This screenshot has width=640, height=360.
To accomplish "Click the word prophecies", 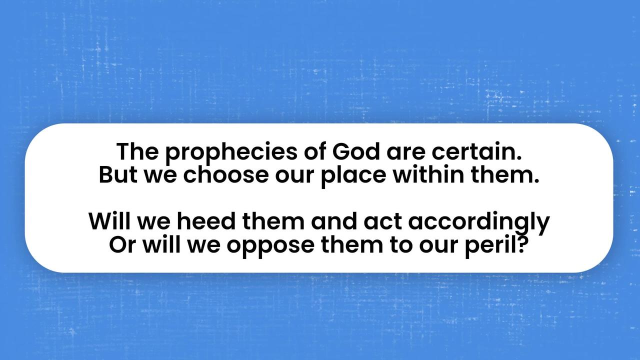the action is (231, 153).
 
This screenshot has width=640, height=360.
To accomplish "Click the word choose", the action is (225, 174).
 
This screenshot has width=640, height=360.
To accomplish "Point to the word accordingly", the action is (479, 223).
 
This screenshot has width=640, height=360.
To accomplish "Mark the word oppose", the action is (270, 246).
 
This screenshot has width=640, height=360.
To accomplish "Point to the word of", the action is (314, 151).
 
